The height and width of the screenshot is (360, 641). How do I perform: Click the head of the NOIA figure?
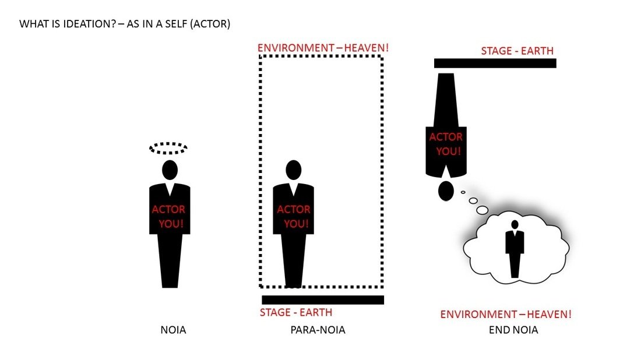(x=170, y=170)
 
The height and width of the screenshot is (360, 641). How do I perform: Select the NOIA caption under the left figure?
(x=173, y=330)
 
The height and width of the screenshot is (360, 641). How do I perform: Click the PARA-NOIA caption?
(x=318, y=330)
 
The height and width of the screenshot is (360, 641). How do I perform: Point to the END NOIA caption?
(x=513, y=330)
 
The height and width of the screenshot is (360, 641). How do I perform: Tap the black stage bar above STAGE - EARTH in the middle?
(x=323, y=300)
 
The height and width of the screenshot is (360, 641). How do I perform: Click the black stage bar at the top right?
(x=495, y=63)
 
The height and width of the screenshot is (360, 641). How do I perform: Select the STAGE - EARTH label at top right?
(x=517, y=51)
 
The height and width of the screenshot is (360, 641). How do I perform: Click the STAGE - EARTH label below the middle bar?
(x=296, y=312)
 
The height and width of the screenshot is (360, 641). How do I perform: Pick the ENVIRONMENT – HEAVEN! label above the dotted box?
(x=323, y=48)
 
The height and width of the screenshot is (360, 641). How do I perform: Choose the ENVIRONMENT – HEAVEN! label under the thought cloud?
(x=506, y=314)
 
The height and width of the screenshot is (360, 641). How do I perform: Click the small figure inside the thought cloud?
(x=515, y=249)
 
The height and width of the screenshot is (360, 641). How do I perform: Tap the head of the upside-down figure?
(x=446, y=190)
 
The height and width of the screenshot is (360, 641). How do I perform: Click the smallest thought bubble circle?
(x=463, y=192)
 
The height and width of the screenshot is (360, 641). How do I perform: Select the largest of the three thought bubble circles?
(x=482, y=210)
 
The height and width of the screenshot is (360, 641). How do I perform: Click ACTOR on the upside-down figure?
(x=446, y=137)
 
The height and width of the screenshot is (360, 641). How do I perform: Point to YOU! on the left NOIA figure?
(x=171, y=224)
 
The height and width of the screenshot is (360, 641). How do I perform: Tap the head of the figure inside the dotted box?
(x=294, y=170)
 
